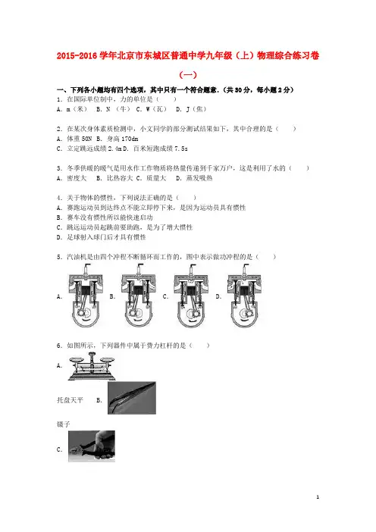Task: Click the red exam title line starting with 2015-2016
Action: [x=188, y=55]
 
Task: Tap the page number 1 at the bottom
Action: [x=318, y=497]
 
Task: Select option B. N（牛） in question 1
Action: [x=113, y=109]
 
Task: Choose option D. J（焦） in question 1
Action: [x=191, y=109]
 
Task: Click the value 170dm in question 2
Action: [x=130, y=139]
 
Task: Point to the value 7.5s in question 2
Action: [x=181, y=149]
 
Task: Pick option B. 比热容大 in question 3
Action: [x=114, y=178]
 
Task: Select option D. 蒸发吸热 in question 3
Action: [x=194, y=178]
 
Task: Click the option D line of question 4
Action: [x=101, y=237]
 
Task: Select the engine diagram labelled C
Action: [x=191, y=296]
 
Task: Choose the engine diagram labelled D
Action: [x=245, y=296]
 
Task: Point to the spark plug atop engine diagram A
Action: [x=86, y=269]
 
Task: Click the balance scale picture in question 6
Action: [x=92, y=366]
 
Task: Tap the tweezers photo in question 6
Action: [x=132, y=398]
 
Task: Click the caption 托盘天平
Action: [x=70, y=400]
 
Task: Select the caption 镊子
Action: [x=64, y=424]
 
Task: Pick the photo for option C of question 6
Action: [x=92, y=446]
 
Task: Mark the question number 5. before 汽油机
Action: [x=60, y=257]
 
